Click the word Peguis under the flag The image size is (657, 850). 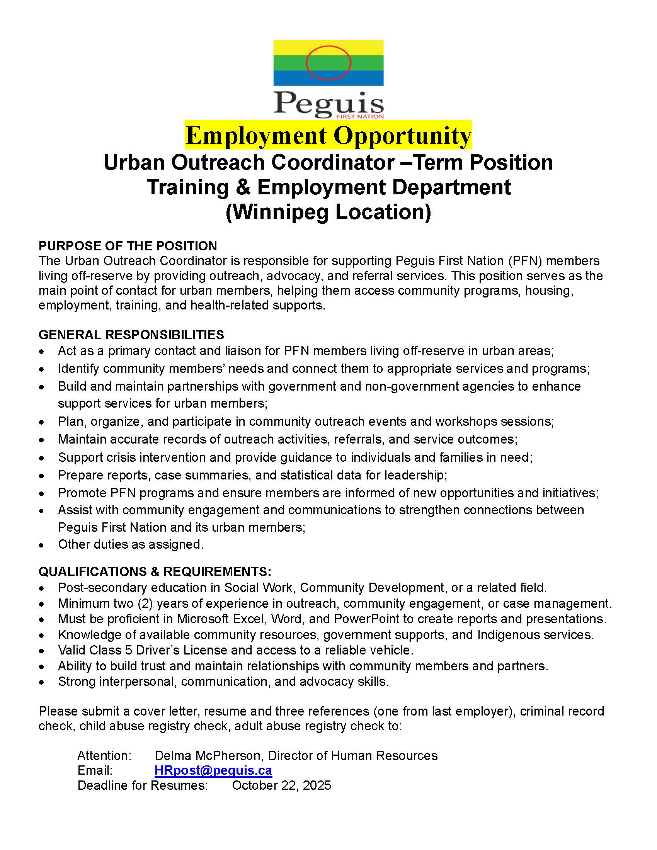pos(328,104)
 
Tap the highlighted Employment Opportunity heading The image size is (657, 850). pos(328,136)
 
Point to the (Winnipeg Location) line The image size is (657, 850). pos(328,212)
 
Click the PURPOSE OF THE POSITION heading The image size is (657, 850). pos(128,246)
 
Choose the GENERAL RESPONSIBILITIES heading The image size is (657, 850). pos(131,335)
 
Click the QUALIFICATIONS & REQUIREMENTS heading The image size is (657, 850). pos(155,571)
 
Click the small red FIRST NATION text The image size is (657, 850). pos(360,116)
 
